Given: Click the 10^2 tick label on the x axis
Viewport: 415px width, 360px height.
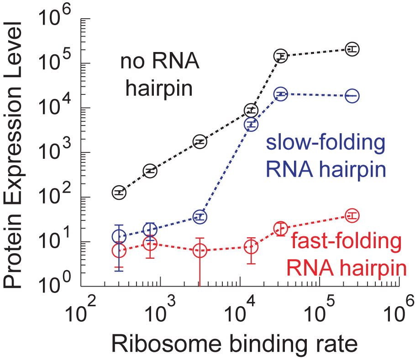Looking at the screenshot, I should pyautogui.click(x=83, y=312).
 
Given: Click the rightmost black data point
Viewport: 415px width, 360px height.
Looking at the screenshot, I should pyautogui.click(x=352, y=48).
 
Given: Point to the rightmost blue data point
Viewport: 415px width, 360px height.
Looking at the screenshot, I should pyautogui.click(x=352, y=96).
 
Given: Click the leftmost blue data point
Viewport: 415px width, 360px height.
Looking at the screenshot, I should pyautogui.click(x=119, y=236).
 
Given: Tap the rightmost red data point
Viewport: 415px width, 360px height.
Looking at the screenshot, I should pyautogui.click(x=352, y=215).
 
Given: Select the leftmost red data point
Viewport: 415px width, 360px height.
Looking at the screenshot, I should pyautogui.click(x=119, y=250).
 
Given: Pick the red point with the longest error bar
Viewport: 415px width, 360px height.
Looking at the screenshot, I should pyautogui.click(x=200, y=250).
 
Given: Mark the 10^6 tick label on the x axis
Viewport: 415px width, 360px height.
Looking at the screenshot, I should pyautogui.click(x=400, y=312).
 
